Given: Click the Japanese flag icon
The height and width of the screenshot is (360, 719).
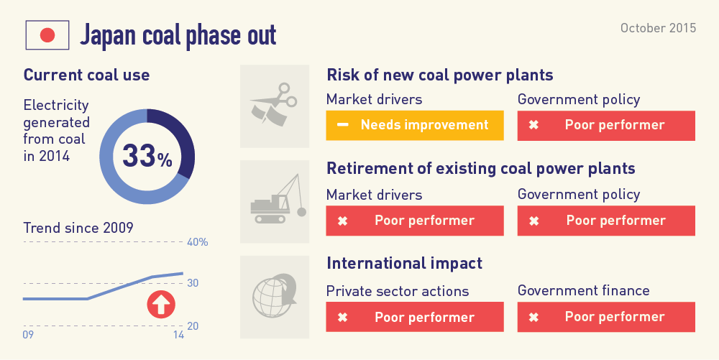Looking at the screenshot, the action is click(x=47, y=35).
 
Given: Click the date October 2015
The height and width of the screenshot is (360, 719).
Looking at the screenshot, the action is click(x=658, y=28).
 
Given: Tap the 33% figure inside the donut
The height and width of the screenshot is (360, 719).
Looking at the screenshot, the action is click(x=147, y=156).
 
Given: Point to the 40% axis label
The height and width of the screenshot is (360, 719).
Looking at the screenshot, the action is click(x=198, y=242).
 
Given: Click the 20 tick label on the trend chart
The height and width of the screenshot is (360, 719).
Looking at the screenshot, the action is click(x=193, y=326).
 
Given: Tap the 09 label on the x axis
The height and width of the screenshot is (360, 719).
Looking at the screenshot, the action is click(x=28, y=335).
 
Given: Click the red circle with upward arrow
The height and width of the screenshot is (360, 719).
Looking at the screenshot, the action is click(x=161, y=305).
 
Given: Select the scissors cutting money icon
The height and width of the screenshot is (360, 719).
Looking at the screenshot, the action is click(x=274, y=104).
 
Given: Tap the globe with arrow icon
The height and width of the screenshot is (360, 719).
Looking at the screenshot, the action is click(x=274, y=296).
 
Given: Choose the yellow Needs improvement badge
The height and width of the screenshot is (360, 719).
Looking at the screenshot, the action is click(x=415, y=125).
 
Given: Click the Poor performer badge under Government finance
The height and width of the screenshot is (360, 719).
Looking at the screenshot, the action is click(x=606, y=316).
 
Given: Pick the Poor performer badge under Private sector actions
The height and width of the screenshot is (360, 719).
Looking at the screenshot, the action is click(x=415, y=316).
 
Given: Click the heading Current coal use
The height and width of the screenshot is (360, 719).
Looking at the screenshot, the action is click(x=87, y=75).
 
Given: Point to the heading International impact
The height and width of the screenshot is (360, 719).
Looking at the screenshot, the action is click(x=404, y=264).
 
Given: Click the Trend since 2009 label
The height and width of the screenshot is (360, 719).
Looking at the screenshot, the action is click(x=78, y=228).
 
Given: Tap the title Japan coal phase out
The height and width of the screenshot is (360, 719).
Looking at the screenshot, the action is click(x=178, y=35).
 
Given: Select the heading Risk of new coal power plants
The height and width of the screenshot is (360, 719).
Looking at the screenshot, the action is click(x=440, y=75).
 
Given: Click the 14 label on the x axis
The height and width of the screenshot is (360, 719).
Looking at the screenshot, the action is click(x=178, y=335).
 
